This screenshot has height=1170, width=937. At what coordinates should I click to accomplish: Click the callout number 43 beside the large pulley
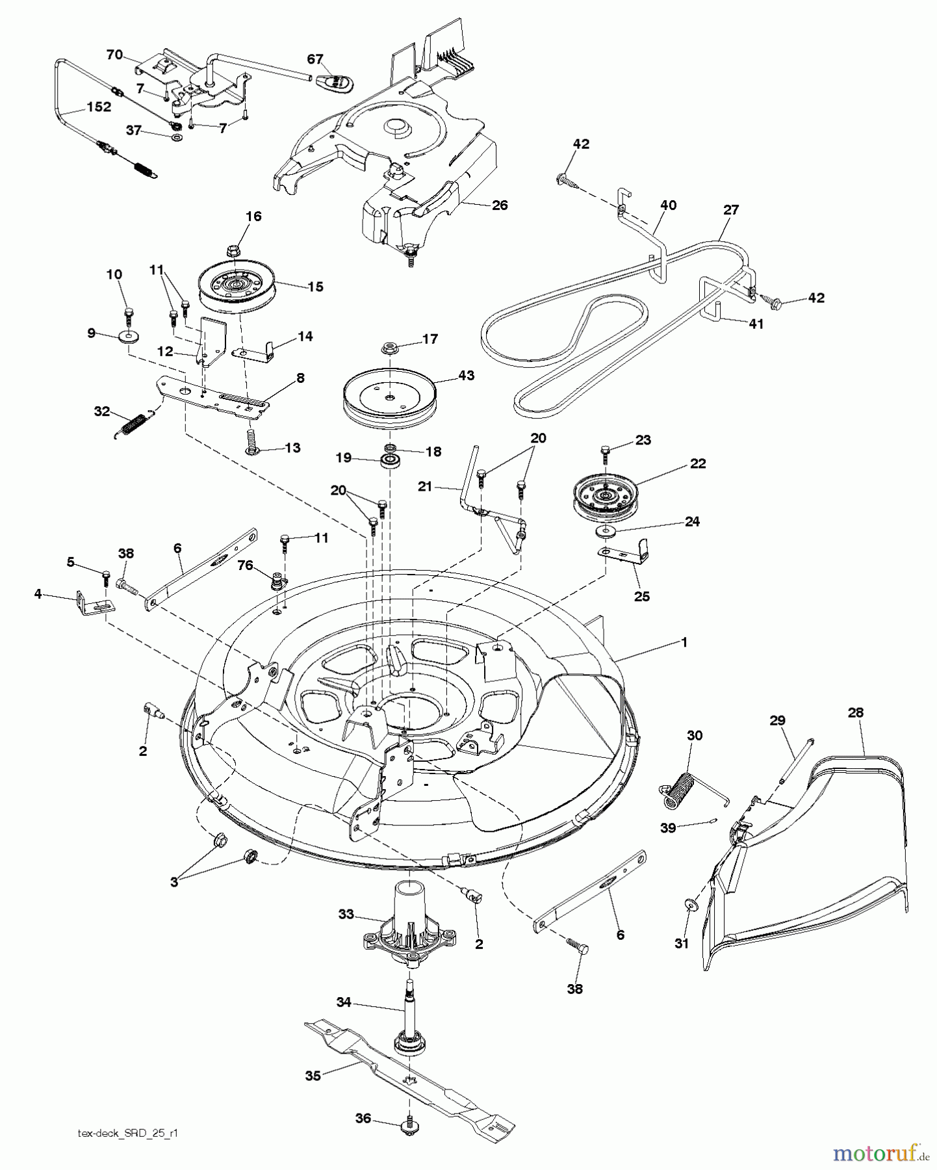tap(465, 375)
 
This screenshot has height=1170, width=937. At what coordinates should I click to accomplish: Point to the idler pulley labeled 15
tap(237, 287)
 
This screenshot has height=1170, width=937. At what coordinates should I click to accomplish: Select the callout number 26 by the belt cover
tap(500, 205)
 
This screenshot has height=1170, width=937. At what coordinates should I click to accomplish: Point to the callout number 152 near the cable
tap(99, 107)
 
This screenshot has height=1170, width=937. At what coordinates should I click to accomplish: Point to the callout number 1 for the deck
tap(684, 642)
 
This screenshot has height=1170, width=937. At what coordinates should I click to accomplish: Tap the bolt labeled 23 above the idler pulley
tap(606, 450)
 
